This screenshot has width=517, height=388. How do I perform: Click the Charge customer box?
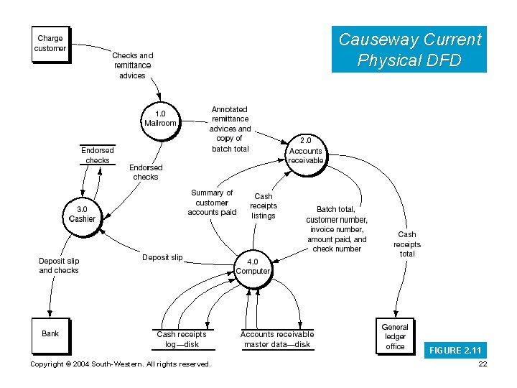tap(50, 44)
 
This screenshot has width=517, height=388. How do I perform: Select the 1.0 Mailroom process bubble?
tap(160, 119)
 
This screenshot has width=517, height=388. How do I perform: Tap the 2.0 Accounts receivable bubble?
tap(305, 151)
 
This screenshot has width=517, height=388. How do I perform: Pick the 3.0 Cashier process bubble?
tap(82, 214)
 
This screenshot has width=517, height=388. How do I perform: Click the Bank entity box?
tap(50, 334)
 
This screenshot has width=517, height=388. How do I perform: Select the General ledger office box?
tap(395, 336)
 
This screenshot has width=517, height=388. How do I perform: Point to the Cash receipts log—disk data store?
tap(181, 338)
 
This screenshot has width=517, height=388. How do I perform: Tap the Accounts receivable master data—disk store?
tap(276, 338)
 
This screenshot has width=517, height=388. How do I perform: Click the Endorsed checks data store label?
tap(97, 155)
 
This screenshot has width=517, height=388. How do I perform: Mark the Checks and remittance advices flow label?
tap(132, 65)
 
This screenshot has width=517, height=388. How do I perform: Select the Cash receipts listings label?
tap(264, 205)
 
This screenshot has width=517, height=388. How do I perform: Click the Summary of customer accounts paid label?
tap(212, 203)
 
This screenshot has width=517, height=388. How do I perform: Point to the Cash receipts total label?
tap(407, 244)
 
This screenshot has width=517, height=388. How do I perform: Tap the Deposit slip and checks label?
tap(59, 266)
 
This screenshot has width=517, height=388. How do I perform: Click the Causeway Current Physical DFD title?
tap(409, 50)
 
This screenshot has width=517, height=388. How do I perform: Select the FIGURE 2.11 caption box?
tap(455, 351)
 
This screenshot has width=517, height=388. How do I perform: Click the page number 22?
tap(482, 364)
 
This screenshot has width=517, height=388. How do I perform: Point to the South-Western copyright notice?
tap(121, 364)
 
